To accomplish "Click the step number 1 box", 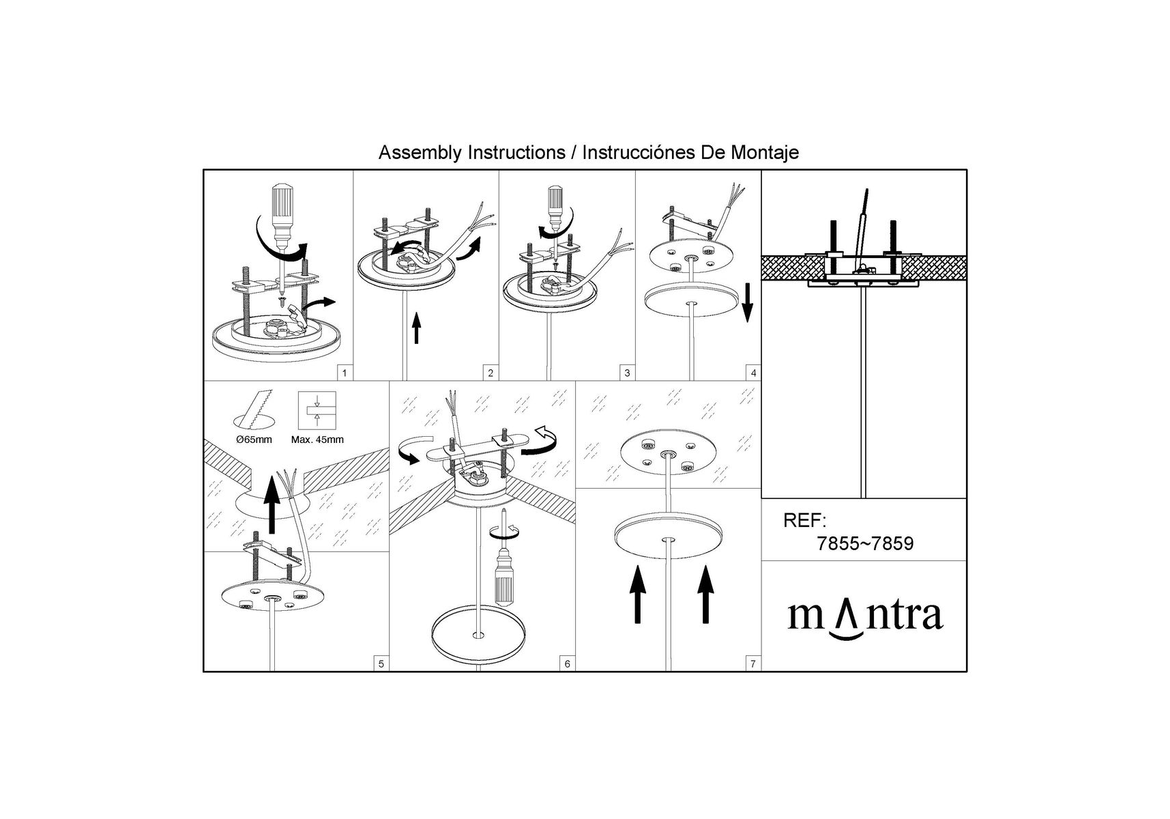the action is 345,373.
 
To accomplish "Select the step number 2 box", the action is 491,373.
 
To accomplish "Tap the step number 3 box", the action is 628,373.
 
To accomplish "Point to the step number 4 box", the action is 753,373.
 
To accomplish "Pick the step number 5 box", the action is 381,663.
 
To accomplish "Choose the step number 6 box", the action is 568,663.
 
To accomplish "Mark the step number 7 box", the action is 753,663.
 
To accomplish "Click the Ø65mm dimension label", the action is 253,440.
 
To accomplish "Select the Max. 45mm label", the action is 317,440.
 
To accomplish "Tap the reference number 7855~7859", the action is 865,544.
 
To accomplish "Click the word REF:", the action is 805,521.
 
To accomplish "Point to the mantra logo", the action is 865,617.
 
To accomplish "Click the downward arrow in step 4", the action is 747,303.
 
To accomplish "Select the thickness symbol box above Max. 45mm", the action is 317,410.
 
